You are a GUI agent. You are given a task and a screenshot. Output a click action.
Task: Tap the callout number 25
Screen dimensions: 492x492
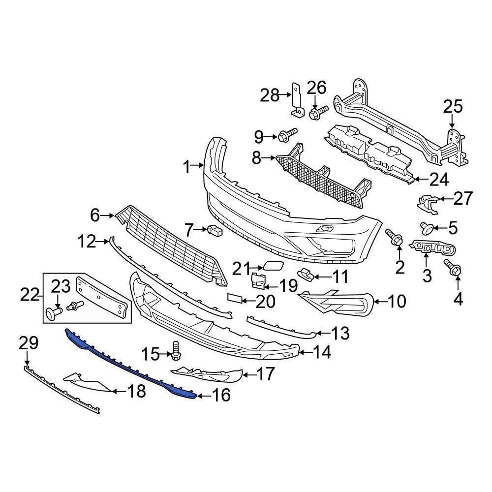[x=453, y=107]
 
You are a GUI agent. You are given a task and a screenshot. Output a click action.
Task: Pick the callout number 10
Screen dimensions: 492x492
[x=397, y=301]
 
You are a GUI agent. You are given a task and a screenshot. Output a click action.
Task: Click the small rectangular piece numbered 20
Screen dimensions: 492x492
[x=236, y=297]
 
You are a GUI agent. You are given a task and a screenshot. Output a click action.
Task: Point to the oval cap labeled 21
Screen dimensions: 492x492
[x=271, y=267]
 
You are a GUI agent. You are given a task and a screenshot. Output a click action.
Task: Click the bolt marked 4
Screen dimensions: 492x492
[x=452, y=267]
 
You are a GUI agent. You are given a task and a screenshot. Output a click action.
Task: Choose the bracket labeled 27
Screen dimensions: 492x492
[x=426, y=204]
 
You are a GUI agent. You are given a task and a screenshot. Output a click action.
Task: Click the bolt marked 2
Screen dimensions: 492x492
[x=395, y=238]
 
